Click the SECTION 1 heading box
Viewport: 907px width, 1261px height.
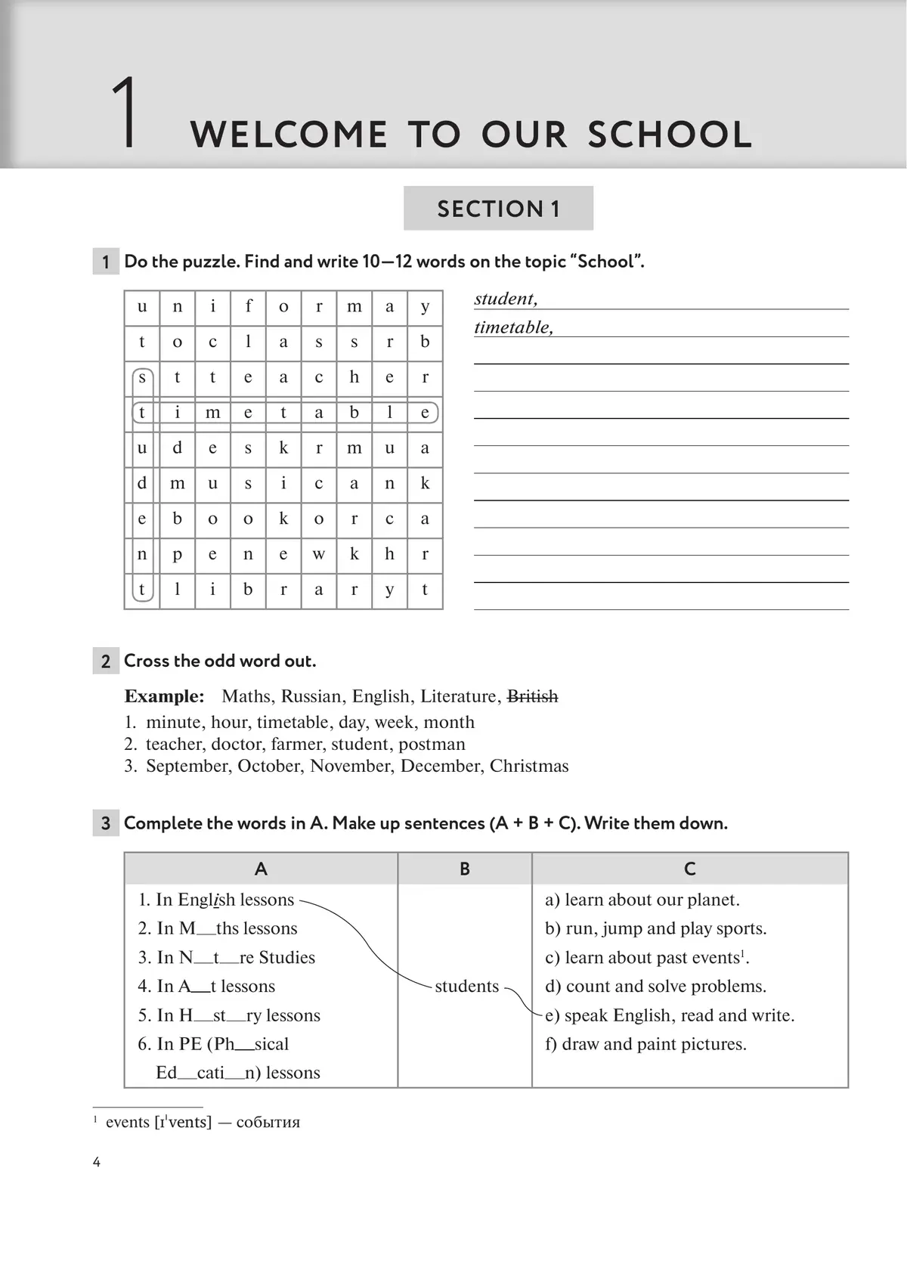click(x=498, y=208)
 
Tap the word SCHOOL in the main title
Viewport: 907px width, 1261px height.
click(x=670, y=135)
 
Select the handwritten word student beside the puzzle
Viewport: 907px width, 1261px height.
click(x=506, y=299)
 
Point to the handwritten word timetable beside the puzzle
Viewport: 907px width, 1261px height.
click(x=513, y=327)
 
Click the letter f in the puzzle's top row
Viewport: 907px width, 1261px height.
click(x=249, y=306)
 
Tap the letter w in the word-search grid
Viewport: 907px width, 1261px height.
click(x=319, y=554)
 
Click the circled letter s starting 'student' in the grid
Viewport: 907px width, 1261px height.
click(x=142, y=377)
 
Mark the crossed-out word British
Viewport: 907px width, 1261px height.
click(x=532, y=696)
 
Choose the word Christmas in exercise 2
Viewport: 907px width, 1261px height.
click(x=529, y=766)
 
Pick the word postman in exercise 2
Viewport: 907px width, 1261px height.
click(x=432, y=744)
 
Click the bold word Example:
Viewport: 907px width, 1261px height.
click(x=164, y=696)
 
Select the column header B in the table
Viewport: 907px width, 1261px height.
click(x=465, y=869)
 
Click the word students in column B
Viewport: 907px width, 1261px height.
click(x=466, y=986)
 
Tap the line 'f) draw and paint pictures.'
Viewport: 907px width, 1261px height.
click(x=645, y=1044)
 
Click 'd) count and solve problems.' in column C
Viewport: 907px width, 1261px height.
click(x=655, y=986)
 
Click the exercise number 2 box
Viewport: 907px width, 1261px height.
click(x=106, y=661)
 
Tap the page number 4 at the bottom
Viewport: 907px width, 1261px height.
click(x=97, y=1162)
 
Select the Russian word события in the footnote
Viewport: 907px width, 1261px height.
click(x=268, y=1122)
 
